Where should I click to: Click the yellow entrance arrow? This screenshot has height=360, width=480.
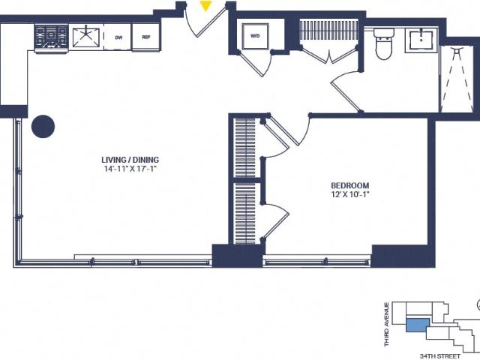tap(205, 6)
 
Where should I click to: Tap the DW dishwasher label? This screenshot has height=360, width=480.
tap(118, 37)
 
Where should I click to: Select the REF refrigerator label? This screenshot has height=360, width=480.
tap(146, 37)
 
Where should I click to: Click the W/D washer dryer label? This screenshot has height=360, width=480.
tap(255, 36)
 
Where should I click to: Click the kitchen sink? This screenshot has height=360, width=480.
tap(86, 37)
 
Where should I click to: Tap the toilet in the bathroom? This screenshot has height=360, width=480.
tap(383, 43)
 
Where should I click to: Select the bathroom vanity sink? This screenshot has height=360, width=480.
tap(421, 40)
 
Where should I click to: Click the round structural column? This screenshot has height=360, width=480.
tap(43, 126)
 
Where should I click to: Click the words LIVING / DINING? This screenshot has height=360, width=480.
tap(130, 160)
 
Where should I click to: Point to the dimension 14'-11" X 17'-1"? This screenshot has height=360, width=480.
tap(130, 169)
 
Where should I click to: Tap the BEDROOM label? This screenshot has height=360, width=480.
tap(350, 185)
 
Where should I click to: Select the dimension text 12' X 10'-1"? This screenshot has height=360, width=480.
tap(350, 194)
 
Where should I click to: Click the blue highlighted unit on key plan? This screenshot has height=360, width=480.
tap(418, 325)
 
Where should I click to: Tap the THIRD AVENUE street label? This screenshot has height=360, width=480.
tap(387, 325)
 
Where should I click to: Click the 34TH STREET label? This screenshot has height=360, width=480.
tap(440, 356)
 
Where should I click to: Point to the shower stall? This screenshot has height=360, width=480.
tap(457, 79)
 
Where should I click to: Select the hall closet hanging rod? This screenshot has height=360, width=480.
tap(328, 30)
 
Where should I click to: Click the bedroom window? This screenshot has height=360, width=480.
tap(316, 262)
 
